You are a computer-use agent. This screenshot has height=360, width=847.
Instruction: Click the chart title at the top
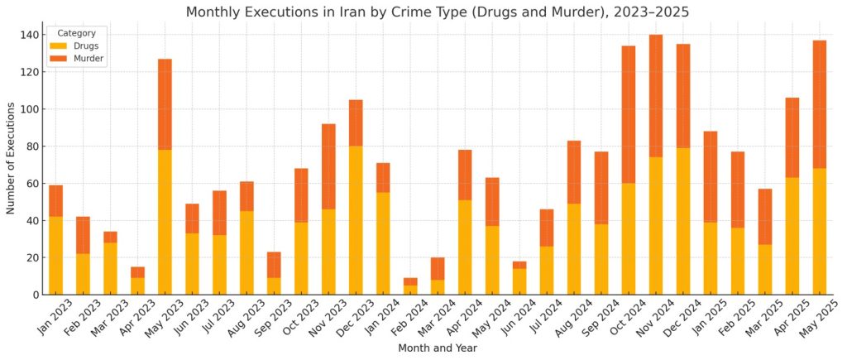point(438,12)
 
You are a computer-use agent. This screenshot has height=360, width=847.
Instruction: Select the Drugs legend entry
point(84,46)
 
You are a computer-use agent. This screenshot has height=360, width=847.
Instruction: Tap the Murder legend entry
point(89,59)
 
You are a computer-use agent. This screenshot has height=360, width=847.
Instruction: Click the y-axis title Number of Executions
point(11,158)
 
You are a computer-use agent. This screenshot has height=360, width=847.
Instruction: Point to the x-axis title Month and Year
point(438,348)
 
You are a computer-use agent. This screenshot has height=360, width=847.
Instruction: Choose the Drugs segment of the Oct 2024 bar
point(629,238)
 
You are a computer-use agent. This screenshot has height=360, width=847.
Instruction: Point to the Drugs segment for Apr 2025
point(792,236)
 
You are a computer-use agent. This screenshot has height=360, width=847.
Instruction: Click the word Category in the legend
point(76,33)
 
